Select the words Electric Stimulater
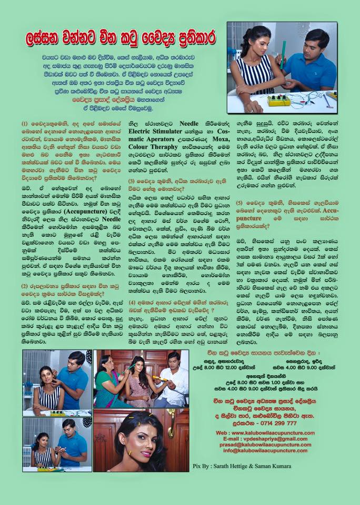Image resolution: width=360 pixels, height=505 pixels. (153, 130)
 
